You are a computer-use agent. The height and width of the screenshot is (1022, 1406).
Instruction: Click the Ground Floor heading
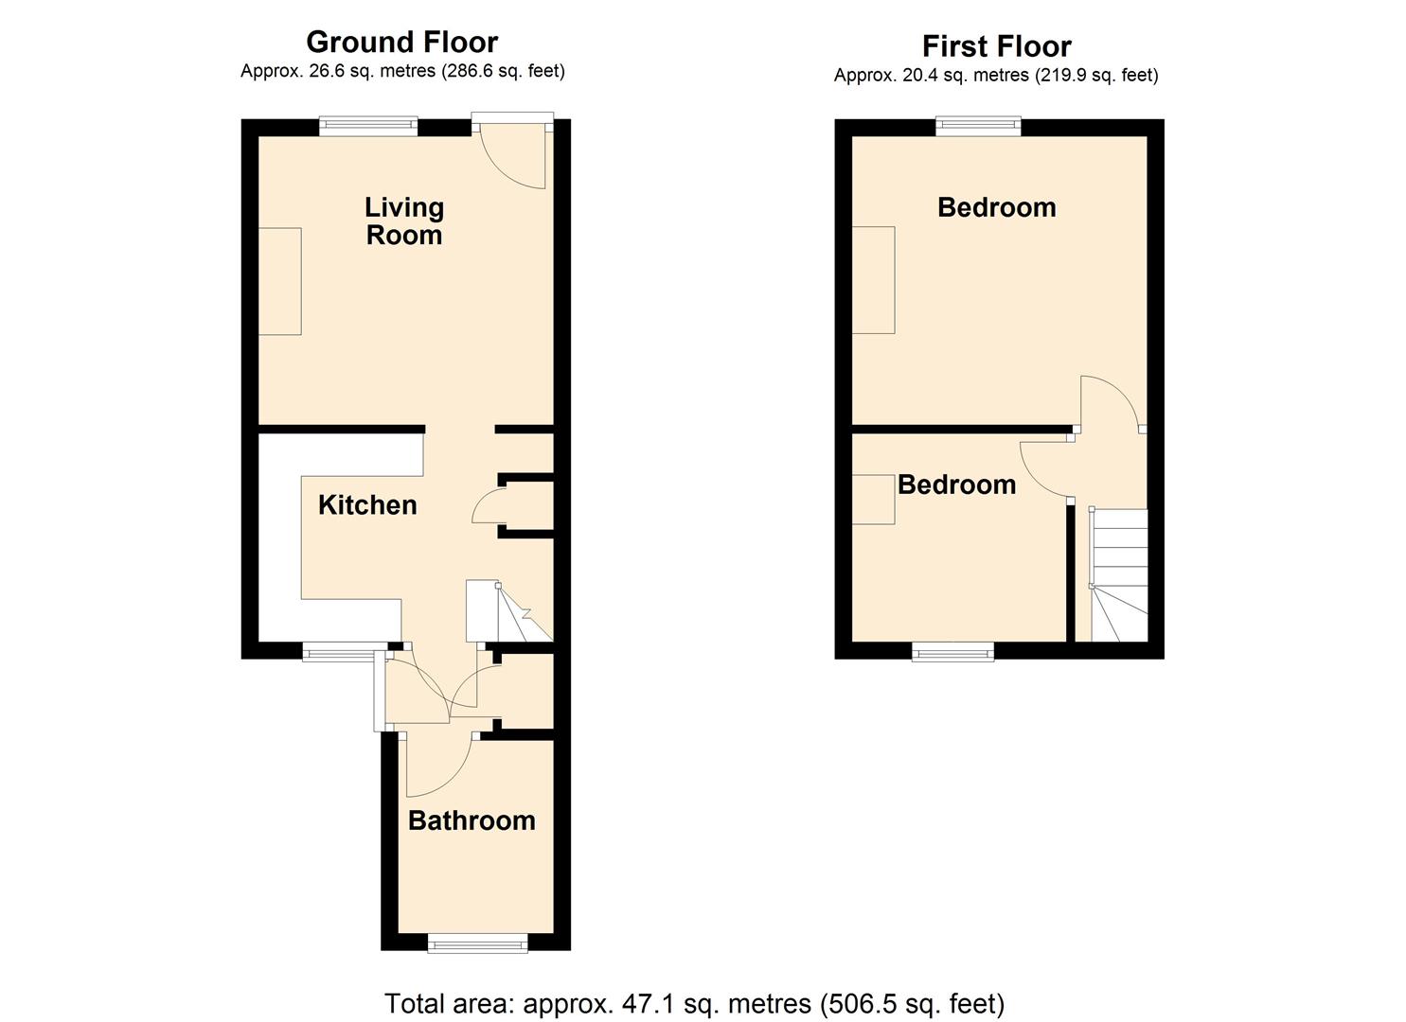[401, 42]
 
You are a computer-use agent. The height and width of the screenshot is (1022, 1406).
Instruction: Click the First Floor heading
[996, 45]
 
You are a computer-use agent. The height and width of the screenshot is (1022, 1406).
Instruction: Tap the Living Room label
[404, 220]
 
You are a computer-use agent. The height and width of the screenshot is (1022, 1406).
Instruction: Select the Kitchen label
[367, 504]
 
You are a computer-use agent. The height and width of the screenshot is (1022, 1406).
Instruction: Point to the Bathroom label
[472, 819]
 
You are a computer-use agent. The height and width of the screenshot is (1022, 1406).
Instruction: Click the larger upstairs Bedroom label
[996, 207]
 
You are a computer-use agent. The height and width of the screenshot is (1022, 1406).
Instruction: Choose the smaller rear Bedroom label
[956, 485]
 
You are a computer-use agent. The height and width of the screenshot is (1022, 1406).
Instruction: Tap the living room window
[367, 126]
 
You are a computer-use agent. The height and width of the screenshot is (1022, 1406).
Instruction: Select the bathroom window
[477, 942]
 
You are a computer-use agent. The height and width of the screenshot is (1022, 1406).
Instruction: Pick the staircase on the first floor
[1119, 574]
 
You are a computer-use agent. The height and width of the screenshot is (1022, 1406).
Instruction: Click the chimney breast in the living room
[280, 281]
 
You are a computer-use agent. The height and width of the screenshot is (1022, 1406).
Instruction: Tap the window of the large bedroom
[978, 126]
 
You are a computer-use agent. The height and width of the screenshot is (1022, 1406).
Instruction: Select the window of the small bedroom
[952, 651]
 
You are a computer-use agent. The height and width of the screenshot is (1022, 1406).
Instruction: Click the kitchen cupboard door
[488, 506]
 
